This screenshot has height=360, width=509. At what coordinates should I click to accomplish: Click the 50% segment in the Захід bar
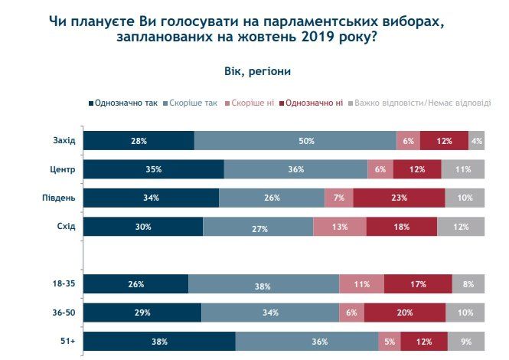pyautogui.click(x=295, y=141)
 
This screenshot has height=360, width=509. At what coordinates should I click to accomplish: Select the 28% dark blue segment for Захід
pyautogui.click(x=139, y=141)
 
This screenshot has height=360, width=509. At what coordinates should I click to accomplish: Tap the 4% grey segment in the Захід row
pyautogui.click(x=476, y=141)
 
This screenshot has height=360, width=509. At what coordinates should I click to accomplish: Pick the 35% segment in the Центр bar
pyautogui.click(x=153, y=169)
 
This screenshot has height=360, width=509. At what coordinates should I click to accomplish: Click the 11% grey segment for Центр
pyautogui.click(x=463, y=169)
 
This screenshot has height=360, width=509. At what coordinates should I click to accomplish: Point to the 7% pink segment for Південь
pyautogui.click(x=338, y=198)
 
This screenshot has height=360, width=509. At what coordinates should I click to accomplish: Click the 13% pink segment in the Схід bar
pyautogui.click(x=339, y=227)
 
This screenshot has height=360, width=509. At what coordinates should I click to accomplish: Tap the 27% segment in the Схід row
pyautogui.click(x=258, y=227)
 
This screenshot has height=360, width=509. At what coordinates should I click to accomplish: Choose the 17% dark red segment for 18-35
pyautogui.click(x=418, y=284)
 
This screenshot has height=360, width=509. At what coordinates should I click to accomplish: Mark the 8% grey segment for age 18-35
pyautogui.click(x=468, y=284)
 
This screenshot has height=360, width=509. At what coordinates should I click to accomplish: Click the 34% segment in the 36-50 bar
pyautogui.click(x=270, y=313)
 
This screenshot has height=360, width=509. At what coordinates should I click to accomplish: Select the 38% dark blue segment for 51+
pyautogui.click(x=159, y=341)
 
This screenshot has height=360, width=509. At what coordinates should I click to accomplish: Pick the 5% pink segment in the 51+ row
pyautogui.click(x=389, y=341)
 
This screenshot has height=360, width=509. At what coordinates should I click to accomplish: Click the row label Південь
pyautogui.click(x=58, y=198)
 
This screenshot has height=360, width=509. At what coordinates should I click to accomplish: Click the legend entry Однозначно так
pyautogui.click(x=124, y=103)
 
